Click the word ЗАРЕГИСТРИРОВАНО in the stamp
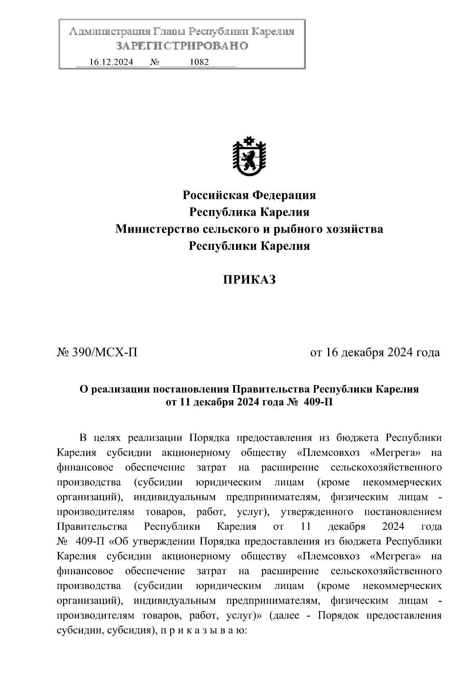pos(182,46)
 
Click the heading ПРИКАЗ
pos(249,280)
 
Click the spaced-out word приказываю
pos(203,630)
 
